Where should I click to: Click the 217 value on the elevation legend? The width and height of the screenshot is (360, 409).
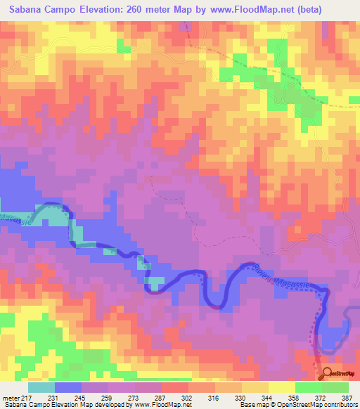click(x=27, y=397)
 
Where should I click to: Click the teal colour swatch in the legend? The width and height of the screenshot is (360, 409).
click(x=41, y=387)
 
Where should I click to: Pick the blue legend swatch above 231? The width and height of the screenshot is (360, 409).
click(x=68, y=387)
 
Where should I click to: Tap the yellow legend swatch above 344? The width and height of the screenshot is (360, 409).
click(x=281, y=387)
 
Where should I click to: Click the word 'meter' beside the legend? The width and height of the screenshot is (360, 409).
click(x=11, y=397)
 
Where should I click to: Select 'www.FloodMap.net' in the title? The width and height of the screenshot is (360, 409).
click(x=264, y=10)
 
